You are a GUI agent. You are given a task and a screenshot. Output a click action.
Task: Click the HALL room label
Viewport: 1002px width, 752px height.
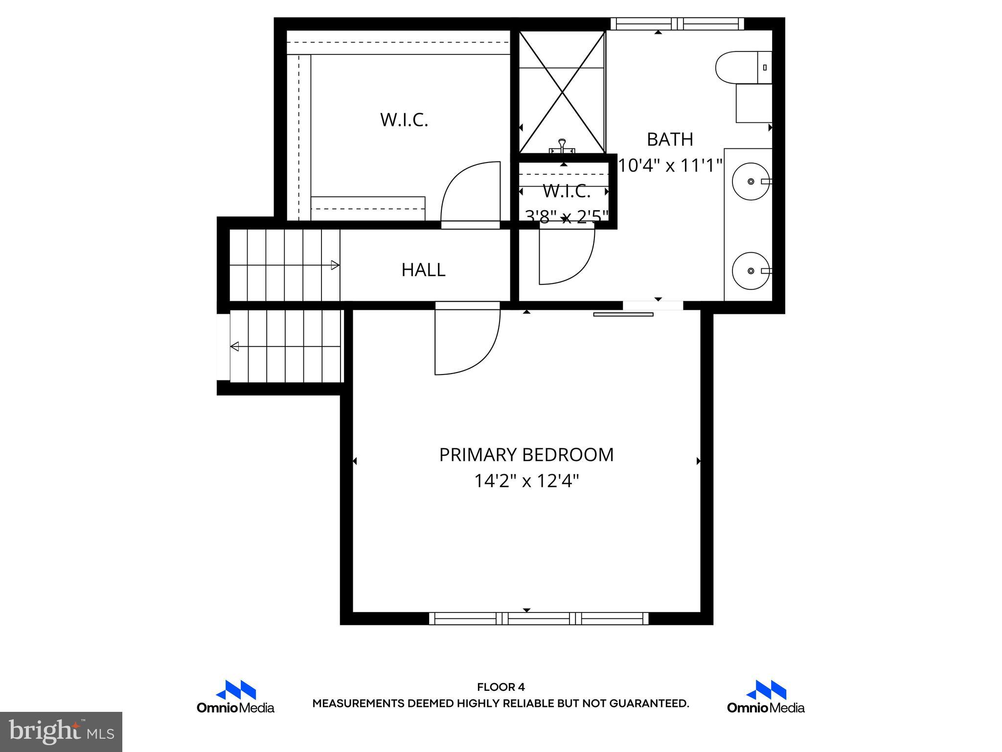423,270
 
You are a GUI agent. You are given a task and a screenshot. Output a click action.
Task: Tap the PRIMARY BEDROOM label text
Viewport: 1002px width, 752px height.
526,455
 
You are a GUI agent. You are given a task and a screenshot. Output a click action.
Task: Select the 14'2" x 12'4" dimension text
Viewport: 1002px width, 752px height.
526,481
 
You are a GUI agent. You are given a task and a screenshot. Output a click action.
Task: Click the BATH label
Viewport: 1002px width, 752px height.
670,140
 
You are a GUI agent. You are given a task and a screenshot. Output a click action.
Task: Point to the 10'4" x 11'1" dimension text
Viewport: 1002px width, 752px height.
670,165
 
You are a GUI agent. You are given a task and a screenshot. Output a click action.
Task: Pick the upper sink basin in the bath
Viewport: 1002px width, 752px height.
751,182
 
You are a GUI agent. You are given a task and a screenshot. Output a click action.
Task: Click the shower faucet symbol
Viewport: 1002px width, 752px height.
562,146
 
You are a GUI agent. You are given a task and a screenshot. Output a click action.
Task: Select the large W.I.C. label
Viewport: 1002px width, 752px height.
404,120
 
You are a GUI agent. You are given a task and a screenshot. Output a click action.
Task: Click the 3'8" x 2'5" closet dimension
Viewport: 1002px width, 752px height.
566,216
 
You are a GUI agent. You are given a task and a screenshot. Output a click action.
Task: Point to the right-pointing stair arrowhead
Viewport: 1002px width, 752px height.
335,265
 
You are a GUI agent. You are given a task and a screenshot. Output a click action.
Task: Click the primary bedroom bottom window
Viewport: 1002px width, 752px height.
539,618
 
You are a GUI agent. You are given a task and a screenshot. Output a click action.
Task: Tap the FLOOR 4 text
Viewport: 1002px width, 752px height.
501,687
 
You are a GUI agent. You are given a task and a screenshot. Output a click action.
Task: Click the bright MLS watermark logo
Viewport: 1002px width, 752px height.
61,731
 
